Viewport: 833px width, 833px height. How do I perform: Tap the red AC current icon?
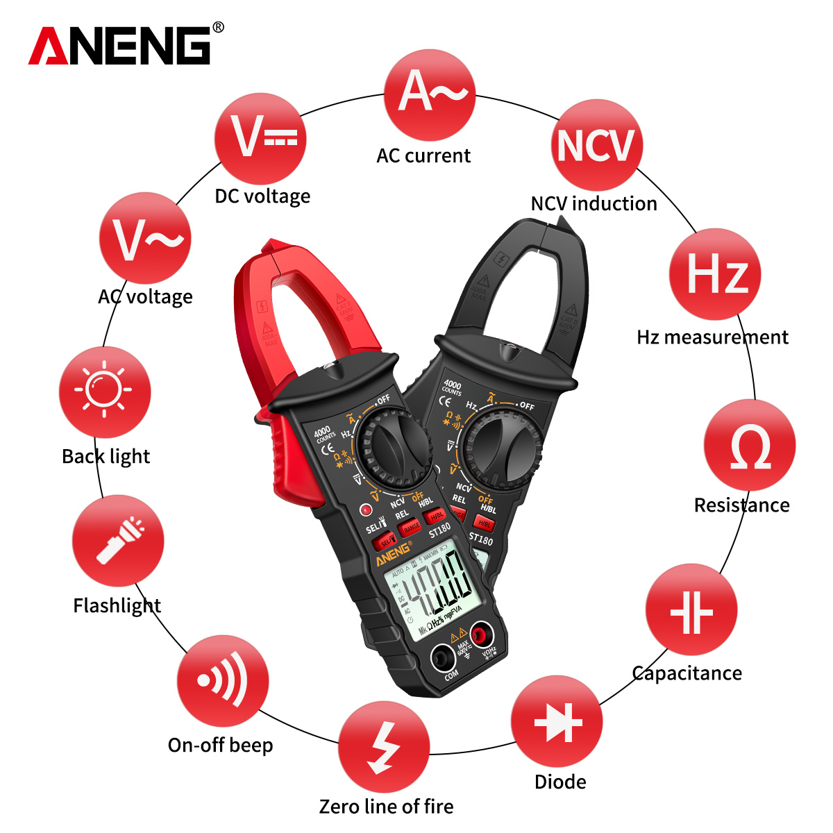coord(430,94)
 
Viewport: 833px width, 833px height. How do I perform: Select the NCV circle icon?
coord(596,145)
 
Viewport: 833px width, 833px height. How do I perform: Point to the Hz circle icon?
coord(715,274)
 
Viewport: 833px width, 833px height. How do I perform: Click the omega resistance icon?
coord(749,446)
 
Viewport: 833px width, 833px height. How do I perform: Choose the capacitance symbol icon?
coord(691,610)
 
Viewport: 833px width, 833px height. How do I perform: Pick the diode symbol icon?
coord(557,722)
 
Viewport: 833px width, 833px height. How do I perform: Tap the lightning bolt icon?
coord(384,747)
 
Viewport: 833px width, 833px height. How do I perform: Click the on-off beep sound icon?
coord(222,681)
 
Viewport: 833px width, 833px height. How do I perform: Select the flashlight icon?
coord(118,541)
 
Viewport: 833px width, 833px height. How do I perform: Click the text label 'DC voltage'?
coord(262,196)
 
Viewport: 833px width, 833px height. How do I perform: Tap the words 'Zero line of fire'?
coord(386,807)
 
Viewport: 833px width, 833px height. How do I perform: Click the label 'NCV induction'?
coord(594,203)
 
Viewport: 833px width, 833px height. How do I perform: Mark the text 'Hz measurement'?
coord(712,337)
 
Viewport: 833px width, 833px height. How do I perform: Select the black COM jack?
coord(443,656)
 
